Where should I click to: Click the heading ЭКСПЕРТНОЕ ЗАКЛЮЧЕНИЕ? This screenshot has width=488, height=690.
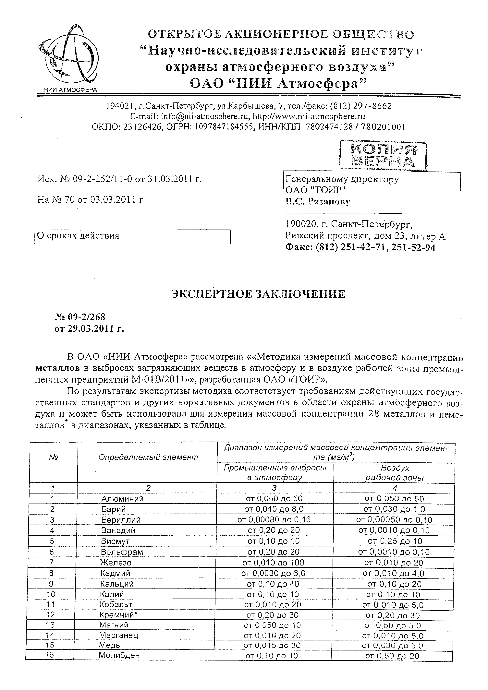(x=258, y=294)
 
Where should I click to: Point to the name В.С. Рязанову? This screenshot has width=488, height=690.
(x=318, y=201)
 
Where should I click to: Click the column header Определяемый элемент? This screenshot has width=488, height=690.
(x=148, y=457)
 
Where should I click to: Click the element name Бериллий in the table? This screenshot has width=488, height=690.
(x=121, y=520)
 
